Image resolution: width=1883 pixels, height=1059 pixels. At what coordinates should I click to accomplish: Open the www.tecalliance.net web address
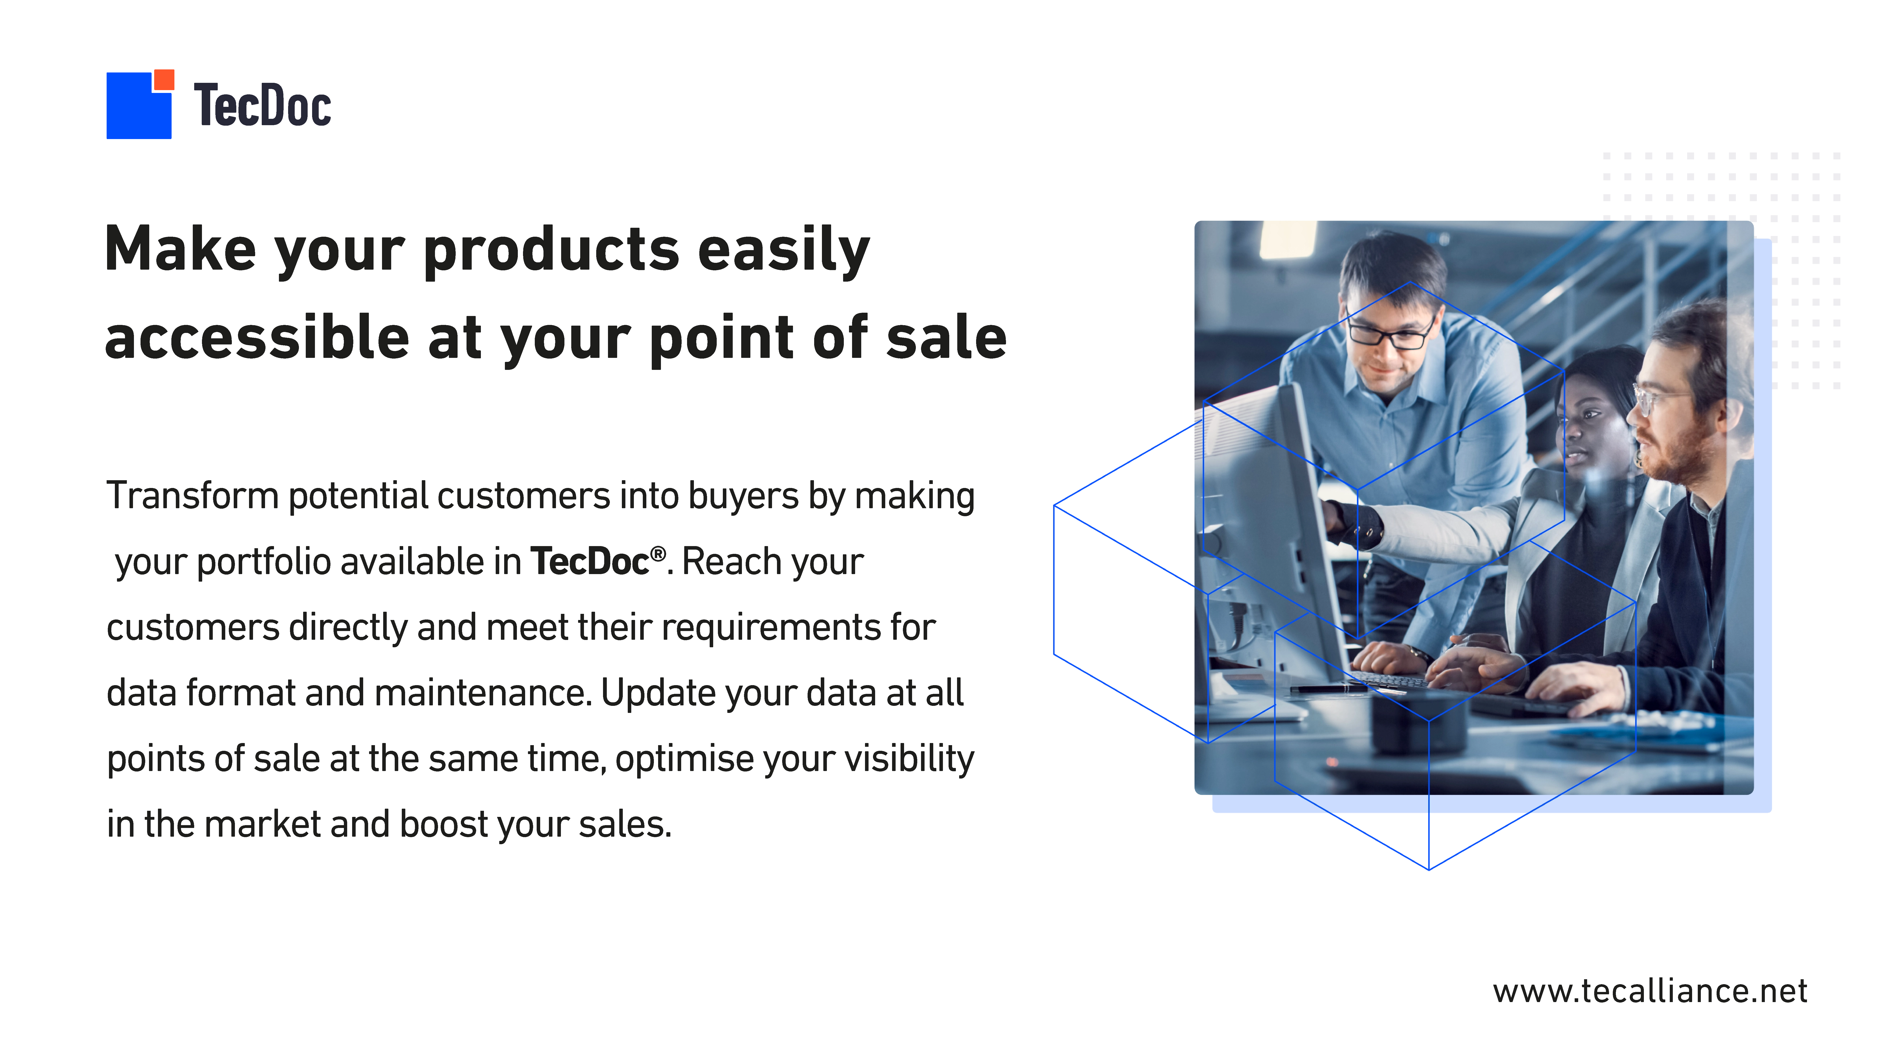(x=1650, y=991)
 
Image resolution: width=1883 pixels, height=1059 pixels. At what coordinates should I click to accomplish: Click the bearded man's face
(x=1674, y=417)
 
